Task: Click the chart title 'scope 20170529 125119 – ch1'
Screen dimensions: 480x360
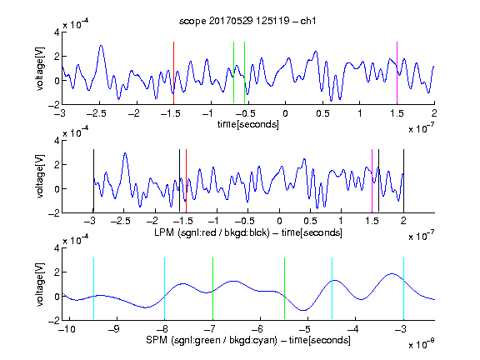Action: (x=247, y=21)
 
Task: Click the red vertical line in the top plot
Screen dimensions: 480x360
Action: (x=173, y=72)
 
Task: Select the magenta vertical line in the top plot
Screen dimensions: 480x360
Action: (x=397, y=72)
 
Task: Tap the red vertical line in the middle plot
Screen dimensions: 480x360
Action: (x=186, y=181)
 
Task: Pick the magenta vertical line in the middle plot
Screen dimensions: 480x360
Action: (x=372, y=181)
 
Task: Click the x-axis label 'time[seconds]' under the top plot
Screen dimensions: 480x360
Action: (x=248, y=124)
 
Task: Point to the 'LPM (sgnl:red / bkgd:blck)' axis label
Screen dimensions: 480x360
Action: (x=212, y=232)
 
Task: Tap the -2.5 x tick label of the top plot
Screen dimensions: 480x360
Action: (x=96, y=113)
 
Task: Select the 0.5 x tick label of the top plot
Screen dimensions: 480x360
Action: (x=322, y=113)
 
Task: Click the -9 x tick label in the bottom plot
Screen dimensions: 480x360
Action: (x=114, y=329)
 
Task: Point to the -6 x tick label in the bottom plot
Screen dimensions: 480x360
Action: (x=258, y=329)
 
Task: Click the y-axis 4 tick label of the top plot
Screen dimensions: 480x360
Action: (x=57, y=32)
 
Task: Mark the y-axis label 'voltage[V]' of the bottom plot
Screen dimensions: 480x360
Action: (x=40, y=285)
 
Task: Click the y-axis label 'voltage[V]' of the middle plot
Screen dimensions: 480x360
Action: (x=40, y=177)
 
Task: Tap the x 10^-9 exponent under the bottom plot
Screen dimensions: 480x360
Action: (x=422, y=344)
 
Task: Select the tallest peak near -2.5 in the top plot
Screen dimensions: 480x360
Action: (x=101, y=46)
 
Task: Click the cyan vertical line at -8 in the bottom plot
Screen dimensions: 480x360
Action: (x=165, y=288)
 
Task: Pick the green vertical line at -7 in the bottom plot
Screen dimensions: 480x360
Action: (x=212, y=288)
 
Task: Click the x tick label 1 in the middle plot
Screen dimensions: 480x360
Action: (x=341, y=221)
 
